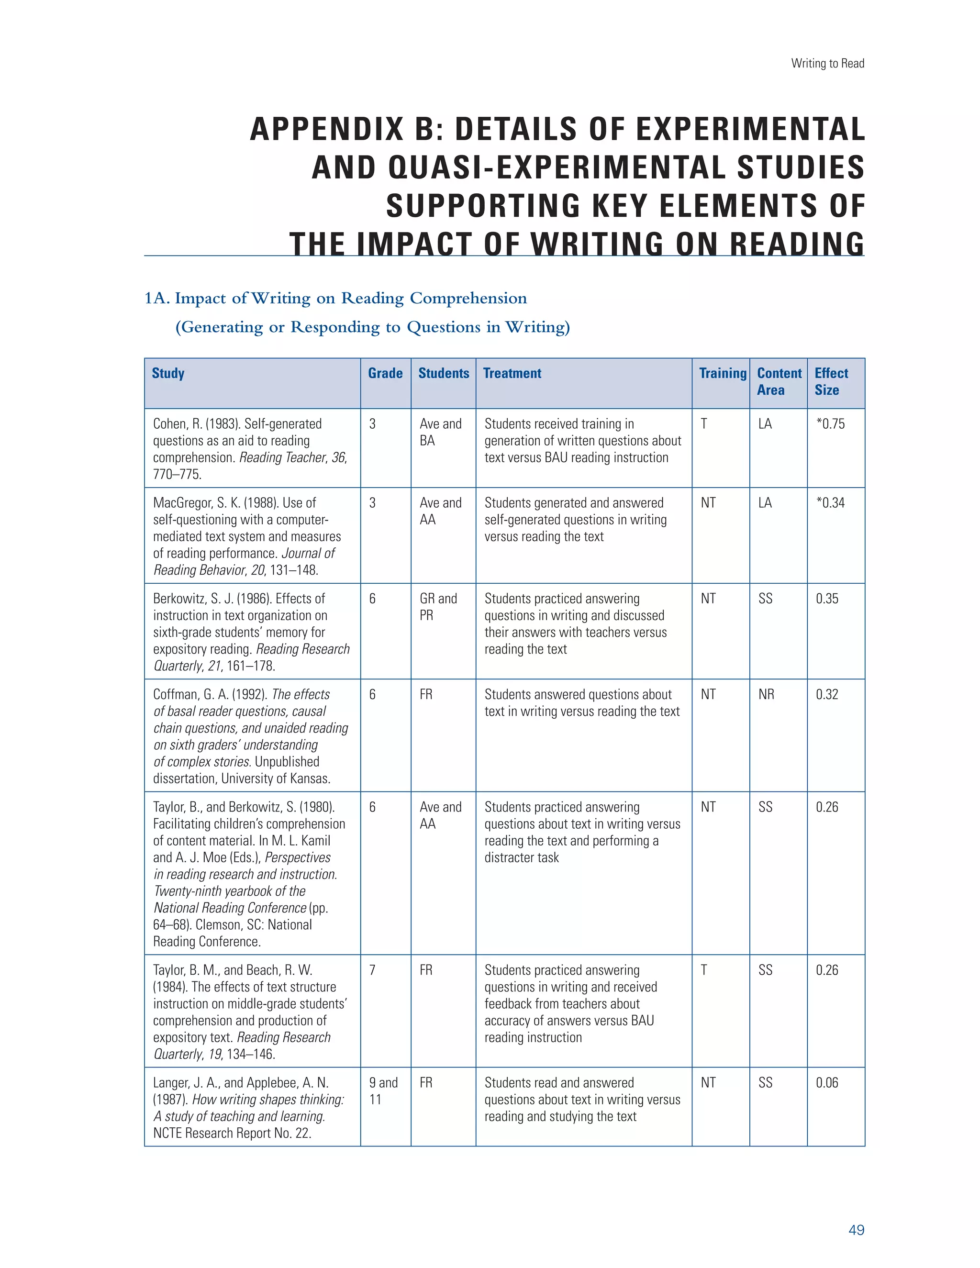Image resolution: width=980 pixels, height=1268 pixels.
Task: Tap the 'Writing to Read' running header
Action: click(827, 63)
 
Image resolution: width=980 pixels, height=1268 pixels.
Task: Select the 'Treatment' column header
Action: click(512, 373)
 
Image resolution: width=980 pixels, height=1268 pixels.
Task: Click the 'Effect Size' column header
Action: click(831, 381)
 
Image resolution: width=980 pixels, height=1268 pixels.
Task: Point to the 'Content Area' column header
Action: click(779, 381)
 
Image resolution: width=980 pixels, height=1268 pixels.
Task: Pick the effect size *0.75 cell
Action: click(830, 424)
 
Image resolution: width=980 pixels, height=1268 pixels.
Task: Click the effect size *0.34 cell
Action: click(830, 503)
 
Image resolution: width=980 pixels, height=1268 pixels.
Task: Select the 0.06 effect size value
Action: click(827, 1082)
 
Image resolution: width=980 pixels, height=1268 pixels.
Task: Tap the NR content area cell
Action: click(766, 694)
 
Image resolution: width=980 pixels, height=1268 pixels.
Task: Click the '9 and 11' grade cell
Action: click(383, 1090)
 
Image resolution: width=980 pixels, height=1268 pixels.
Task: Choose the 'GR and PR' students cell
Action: click(438, 607)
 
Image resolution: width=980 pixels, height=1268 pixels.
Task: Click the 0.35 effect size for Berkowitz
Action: click(827, 599)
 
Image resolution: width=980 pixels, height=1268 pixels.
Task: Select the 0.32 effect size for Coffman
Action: click(827, 694)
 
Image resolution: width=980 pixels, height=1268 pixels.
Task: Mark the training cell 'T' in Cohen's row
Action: click(703, 424)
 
